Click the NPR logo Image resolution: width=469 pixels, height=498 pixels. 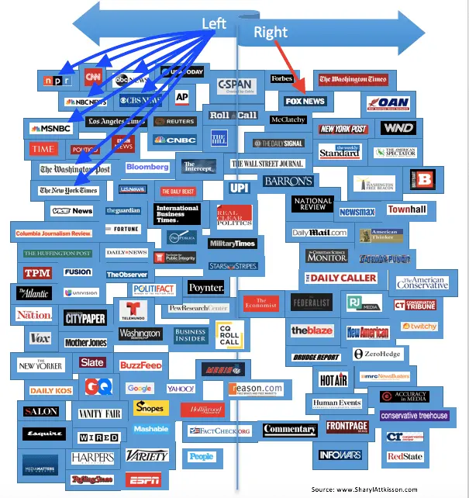click(59, 80)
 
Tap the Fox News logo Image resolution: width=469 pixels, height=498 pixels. click(304, 102)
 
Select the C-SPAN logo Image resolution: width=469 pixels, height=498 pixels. click(236, 85)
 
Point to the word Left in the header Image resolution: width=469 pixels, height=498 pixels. click(214, 23)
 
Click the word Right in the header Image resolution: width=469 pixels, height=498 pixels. click(270, 32)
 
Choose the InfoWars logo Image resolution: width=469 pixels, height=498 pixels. click(340, 455)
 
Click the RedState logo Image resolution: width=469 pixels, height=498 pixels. click(405, 457)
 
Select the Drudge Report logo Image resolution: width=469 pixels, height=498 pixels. click(316, 358)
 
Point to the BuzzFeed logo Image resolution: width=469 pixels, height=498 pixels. click(140, 365)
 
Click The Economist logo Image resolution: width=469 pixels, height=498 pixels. click(261, 303)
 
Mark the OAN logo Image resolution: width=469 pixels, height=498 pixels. click(388, 103)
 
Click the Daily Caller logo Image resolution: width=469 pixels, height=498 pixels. click(344, 278)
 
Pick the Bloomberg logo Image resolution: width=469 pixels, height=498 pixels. click(147, 168)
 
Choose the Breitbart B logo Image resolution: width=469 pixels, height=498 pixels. click(422, 180)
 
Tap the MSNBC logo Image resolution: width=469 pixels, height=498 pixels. click(50, 128)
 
